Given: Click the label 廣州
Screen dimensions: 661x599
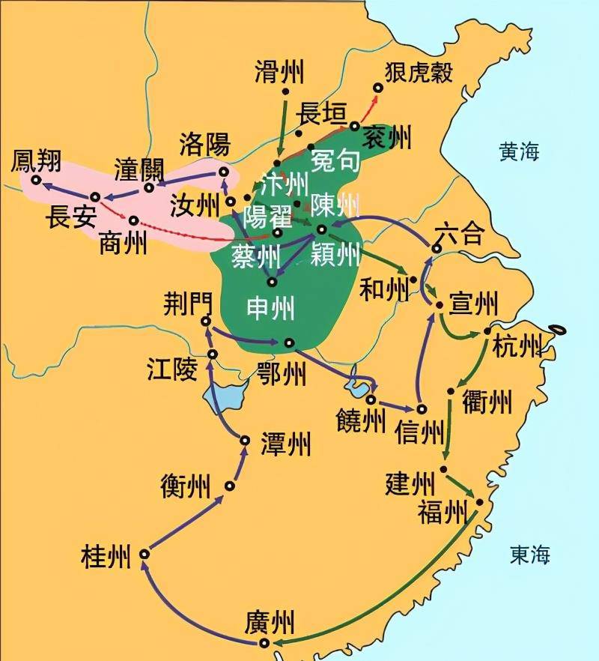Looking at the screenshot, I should pyautogui.click(x=269, y=623).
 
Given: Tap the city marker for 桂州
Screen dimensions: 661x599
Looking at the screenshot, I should pyautogui.click(x=145, y=554).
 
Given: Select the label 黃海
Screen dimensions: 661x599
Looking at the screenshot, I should pyautogui.click(x=519, y=152).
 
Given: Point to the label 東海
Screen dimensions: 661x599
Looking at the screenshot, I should pyautogui.click(x=530, y=555).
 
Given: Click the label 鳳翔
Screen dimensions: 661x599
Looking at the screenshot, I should pyautogui.click(x=36, y=160).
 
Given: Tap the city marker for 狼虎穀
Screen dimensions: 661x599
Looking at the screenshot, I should pyautogui.click(x=378, y=88).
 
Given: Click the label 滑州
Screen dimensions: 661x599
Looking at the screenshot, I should pyautogui.click(x=279, y=72).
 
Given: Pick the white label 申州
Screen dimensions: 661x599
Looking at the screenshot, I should pyautogui.click(x=271, y=308).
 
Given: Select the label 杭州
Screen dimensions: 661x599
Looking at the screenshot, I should pyautogui.click(x=517, y=346).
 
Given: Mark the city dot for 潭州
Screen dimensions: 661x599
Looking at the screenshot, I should pyautogui.click(x=244, y=441).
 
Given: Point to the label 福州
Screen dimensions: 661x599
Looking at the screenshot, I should pyautogui.click(x=443, y=513).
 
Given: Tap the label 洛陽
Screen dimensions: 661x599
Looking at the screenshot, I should pyautogui.click(x=204, y=143).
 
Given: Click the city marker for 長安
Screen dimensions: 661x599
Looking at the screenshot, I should pyautogui.click(x=95, y=197).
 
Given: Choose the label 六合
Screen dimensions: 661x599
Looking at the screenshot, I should pyautogui.click(x=458, y=234).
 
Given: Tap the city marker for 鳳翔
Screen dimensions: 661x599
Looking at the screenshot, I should pyautogui.click(x=35, y=180).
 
